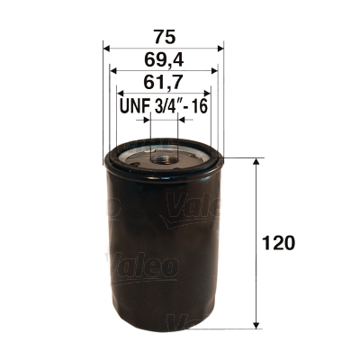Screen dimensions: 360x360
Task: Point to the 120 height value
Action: (281, 243)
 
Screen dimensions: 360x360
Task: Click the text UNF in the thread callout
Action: (134, 106)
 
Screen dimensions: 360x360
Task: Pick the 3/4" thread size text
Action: (166, 106)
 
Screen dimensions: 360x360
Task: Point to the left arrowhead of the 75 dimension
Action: (108, 49)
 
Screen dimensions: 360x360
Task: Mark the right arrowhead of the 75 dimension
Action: (220, 49)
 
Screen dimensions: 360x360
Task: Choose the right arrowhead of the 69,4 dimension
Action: (214, 73)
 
